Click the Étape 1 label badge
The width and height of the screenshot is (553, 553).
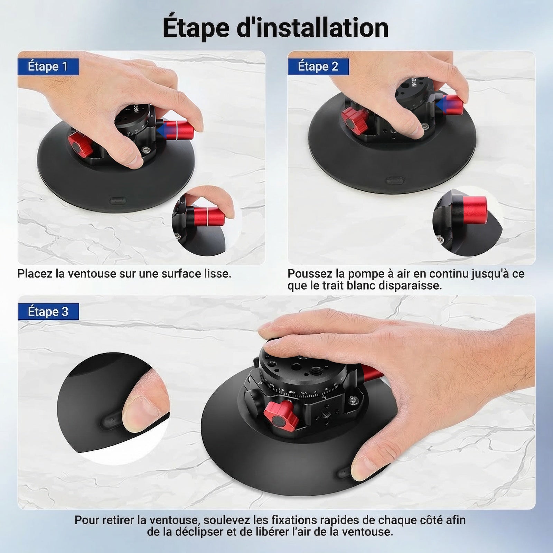(48, 67)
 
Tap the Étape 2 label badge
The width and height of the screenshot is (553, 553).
(318, 67)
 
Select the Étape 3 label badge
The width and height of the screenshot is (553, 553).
(48, 312)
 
